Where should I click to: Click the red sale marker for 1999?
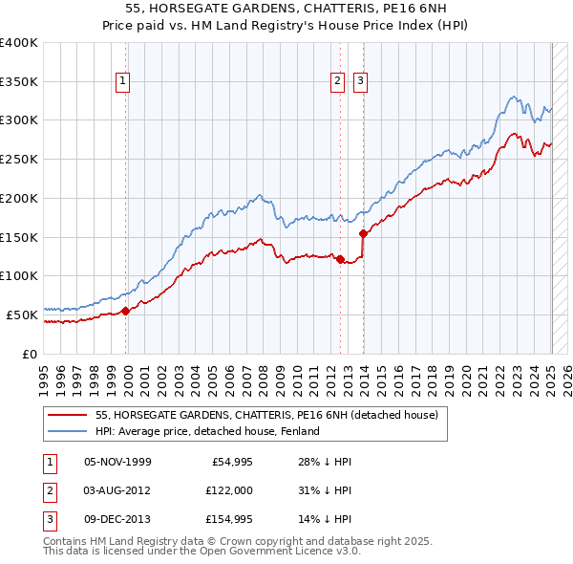[x=126, y=310]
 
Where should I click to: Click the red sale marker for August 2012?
[x=341, y=258]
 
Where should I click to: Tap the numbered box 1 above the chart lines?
[x=124, y=82]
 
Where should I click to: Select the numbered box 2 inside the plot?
[x=338, y=82]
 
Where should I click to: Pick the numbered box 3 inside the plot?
[x=360, y=82]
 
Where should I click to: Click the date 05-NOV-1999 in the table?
[x=118, y=462]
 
